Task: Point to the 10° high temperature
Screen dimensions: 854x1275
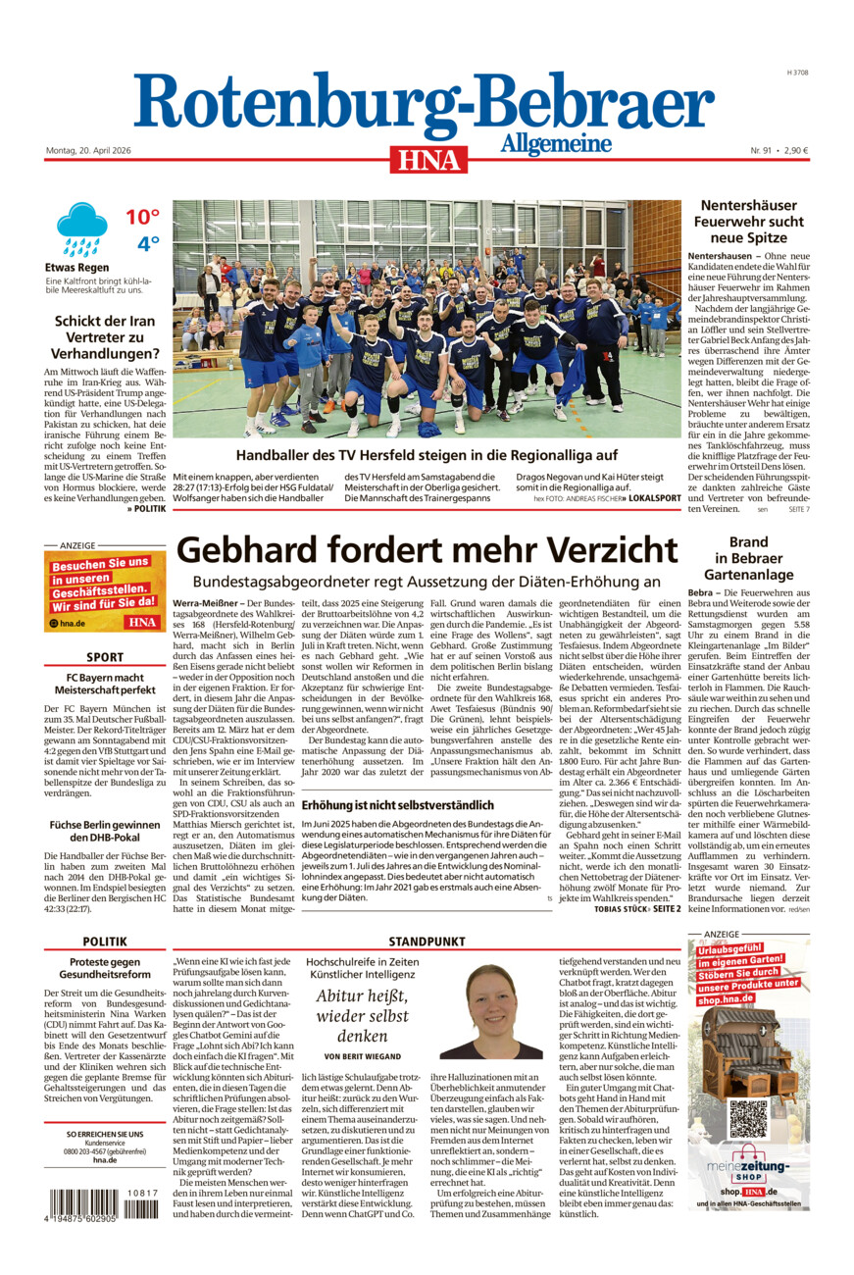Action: coord(142,218)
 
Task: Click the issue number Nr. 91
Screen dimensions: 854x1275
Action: coord(761,150)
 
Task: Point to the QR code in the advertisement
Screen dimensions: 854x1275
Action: coord(748,1119)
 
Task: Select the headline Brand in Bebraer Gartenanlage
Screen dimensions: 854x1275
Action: coord(748,558)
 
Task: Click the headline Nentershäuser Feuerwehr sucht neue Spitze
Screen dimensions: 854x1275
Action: coord(751,222)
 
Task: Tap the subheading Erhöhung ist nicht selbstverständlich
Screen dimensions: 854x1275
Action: coord(397,804)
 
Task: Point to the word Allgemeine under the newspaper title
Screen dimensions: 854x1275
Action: coord(556,144)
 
